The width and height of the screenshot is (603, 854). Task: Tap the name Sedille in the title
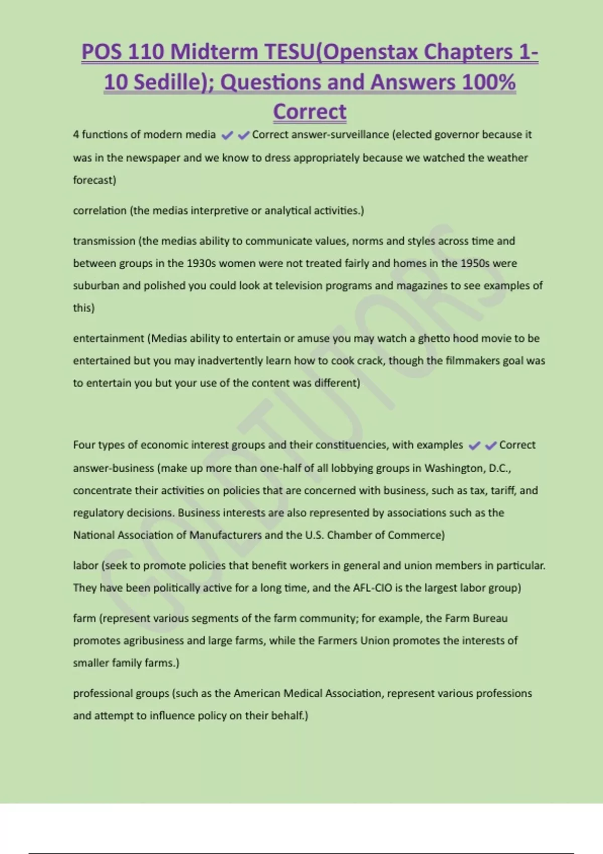tap(172, 82)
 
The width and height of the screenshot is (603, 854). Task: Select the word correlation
tap(99, 210)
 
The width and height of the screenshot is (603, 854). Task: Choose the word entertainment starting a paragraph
tap(109, 339)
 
